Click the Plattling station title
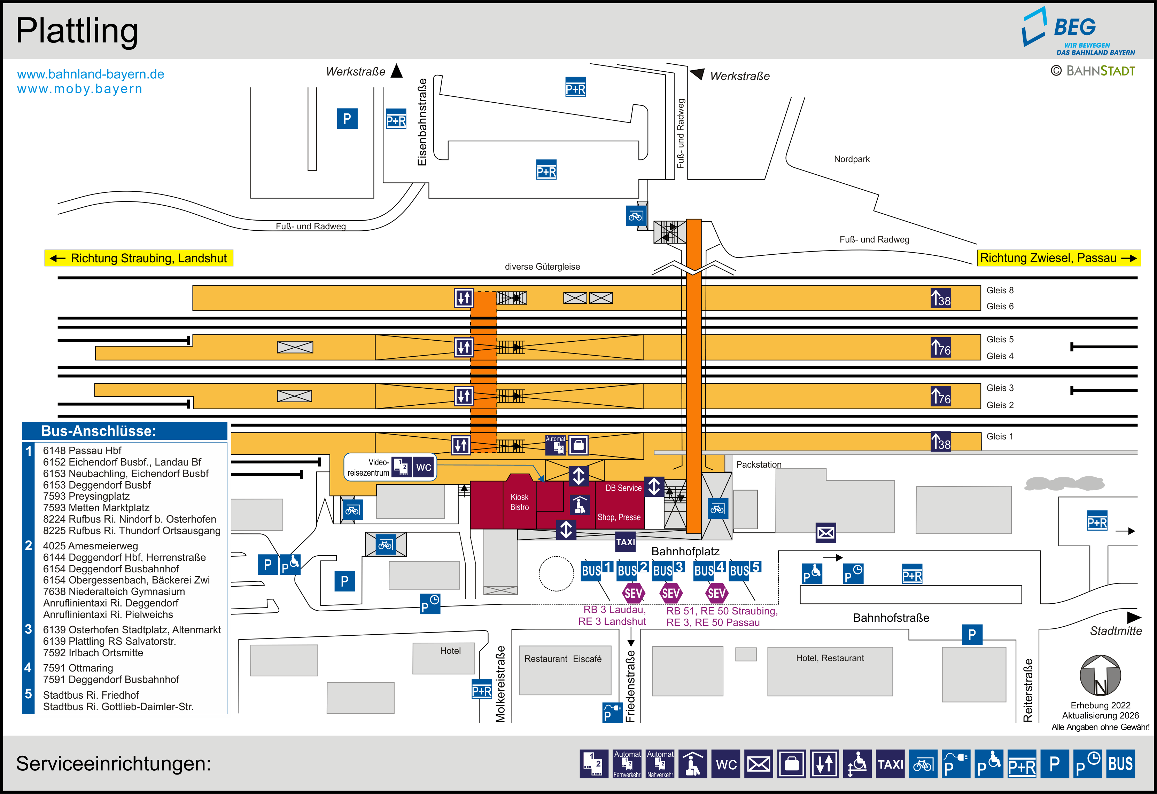pos(77,31)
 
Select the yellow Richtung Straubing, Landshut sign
pos(139,258)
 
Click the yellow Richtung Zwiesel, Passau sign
pos(1059,258)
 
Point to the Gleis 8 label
pos(1000,290)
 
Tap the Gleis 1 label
pos(1000,436)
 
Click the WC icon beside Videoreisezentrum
pos(424,467)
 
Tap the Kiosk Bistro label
pos(519,502)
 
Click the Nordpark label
pos(852,159)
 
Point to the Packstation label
pos(759,465)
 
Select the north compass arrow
pos(1100,675)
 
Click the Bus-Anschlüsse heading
pos(99,431)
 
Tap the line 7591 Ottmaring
pos(78,668)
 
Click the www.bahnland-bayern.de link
pos(91,74)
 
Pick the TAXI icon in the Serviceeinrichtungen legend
pos(890,764)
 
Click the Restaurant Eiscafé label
pos(562,659)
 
